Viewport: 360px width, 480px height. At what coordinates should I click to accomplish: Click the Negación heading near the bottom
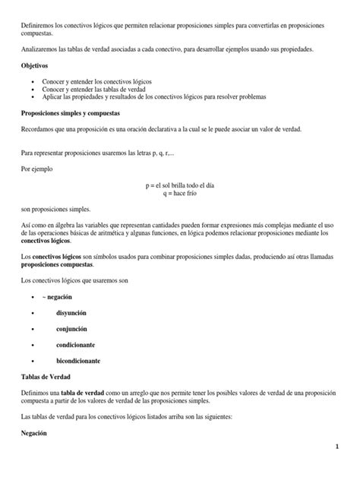(35, 432)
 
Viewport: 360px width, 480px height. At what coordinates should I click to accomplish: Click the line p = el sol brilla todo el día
(181, 185)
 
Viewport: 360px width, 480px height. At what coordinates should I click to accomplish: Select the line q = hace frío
(181, 194)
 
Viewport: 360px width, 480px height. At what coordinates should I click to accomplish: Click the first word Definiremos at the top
(36, 26)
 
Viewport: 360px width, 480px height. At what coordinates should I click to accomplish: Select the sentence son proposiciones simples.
(55, 209)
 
